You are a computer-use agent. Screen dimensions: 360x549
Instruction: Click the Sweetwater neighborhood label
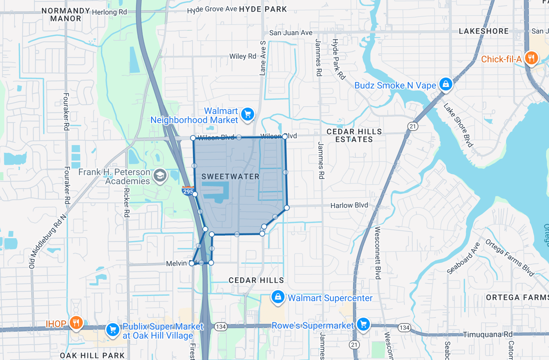230,176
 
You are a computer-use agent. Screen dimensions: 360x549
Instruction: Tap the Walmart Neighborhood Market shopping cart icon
247,114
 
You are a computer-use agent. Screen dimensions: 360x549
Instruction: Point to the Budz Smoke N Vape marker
446,84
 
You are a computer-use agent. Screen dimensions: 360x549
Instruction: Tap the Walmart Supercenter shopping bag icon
278,296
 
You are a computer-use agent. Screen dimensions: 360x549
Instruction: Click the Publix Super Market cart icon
113,330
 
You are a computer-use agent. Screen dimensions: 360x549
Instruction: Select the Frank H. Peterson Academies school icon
160,175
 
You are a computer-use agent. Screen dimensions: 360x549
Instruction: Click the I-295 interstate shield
188,191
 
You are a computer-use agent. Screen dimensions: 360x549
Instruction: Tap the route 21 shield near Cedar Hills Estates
413,126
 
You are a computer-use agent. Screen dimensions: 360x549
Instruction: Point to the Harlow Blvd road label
349,206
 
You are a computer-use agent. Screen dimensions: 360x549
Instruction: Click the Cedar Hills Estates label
354,135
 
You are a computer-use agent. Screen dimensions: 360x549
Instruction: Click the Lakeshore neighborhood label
483,31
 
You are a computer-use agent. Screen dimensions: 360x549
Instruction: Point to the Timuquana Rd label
488,334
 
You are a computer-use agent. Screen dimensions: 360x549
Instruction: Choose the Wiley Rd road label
243,56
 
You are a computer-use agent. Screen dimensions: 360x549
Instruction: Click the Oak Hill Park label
92,355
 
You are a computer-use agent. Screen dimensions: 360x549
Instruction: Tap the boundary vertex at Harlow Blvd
287,208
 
